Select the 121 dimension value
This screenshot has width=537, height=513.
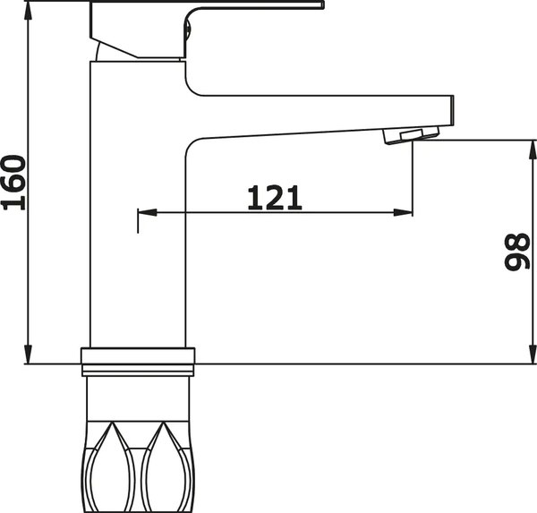tap(274, 197)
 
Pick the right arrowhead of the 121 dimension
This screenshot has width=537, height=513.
tap(405, 213)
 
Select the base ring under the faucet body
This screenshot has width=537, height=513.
tap(138, 360)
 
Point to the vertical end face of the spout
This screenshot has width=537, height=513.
tap(451, 111)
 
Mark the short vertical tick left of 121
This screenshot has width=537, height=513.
tap(137, 219)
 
